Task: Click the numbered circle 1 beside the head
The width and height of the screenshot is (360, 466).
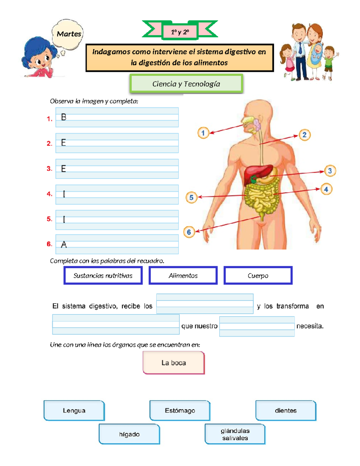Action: pyautogui.click(x=203, y=133)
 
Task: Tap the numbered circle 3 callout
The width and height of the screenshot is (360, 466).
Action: pyautogui.click(x=330, y=171)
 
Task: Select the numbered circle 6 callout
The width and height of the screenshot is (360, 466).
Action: pyautogui.click(x=189, y=232)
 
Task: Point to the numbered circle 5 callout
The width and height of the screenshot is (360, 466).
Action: pyautogui.click(x=191, y=197)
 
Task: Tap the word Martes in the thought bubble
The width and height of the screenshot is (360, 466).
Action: pyautogui.click(x=69, y=34)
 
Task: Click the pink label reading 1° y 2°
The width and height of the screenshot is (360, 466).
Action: pyautogui.click(x=180, y=32)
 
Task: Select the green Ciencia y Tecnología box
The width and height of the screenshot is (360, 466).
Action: pyautogui.click(x=186, y=84)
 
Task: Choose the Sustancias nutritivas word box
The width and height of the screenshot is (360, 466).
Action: pyautogui.click(x=103, y=275)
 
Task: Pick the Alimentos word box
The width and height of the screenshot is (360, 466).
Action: pyautogui.click(x=183, y=275)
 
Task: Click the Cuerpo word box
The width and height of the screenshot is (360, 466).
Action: pyautogui.click(x=258, y=275)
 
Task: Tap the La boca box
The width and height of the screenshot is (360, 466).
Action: pyautogui.click(x=174, y=363)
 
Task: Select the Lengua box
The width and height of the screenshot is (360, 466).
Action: pyautogui.click(x=74, y=410)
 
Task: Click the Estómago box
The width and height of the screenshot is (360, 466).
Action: pyautogui.click(x=180, y=410)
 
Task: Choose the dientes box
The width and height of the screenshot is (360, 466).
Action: pyautogui.click(x=286, y=410)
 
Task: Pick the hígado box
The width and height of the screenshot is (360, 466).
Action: pyautogui.click(x=129, y=434)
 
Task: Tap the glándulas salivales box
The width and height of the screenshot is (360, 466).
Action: pyautogui.click(x=235, y=434)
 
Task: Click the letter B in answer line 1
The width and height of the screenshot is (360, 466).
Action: pyautogui.click(x=64, y=117)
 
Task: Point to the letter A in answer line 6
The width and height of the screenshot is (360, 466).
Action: pyautogui.click(x=64, y=245)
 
